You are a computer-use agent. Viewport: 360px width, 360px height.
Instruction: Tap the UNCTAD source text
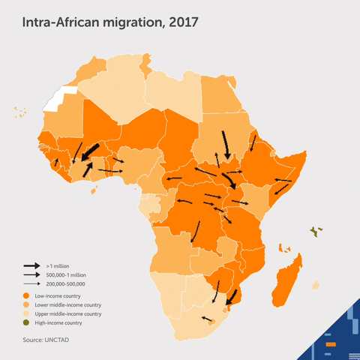pos(46,340)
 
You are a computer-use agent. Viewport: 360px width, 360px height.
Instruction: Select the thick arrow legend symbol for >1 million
pos(31,266)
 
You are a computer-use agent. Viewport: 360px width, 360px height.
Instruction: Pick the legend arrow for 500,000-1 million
pos(31,275)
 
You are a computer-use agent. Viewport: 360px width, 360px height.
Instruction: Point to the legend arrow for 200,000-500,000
pos(31,284)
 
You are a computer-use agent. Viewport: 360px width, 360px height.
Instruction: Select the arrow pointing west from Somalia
pos(283,181)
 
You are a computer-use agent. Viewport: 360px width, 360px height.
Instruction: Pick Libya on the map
pos(172,94)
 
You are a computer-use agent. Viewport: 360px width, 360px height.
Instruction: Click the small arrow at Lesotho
pos(208,319)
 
